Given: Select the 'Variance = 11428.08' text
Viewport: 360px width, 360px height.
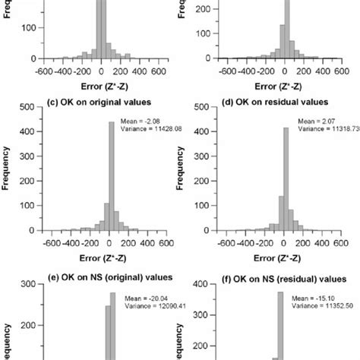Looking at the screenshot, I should coord(149,129).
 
